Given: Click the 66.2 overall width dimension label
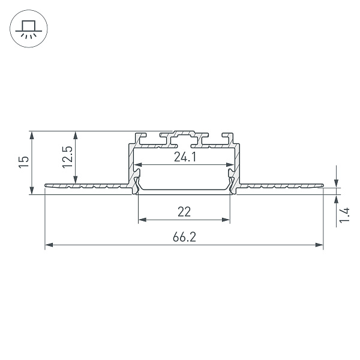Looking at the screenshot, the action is (184, 237).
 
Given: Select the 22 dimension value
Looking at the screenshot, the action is (184, 212).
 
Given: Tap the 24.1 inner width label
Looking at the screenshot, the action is (185, 157).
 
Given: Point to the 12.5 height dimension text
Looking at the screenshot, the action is (67, 157).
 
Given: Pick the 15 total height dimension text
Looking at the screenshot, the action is (23, 162).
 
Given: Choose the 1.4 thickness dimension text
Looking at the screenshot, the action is (344, 215).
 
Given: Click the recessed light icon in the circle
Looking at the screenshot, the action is (29, 29).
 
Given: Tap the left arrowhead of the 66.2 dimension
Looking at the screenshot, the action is (49, 245).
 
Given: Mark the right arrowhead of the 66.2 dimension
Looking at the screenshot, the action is (319, 245).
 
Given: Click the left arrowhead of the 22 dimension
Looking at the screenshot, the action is (143, 220).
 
